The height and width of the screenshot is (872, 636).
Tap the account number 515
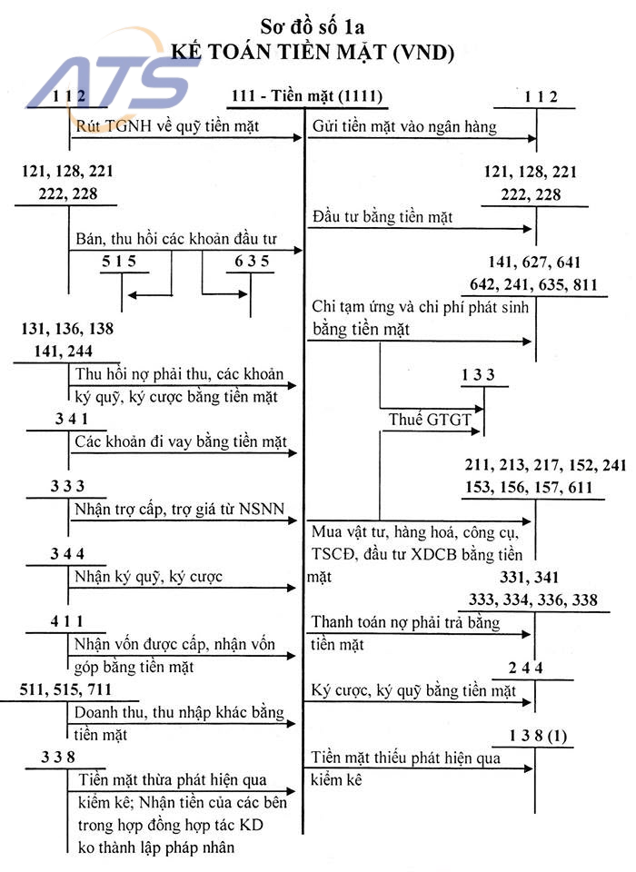(118, 260)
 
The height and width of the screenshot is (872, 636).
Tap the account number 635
(251, 260)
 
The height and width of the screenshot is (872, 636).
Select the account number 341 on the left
(71, 420)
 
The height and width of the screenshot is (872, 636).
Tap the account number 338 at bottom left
(58, 758)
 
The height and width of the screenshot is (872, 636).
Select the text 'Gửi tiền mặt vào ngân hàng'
(404, 127)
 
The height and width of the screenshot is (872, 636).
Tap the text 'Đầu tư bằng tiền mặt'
(382, 217)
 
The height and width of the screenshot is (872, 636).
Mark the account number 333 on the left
(68, 486)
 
